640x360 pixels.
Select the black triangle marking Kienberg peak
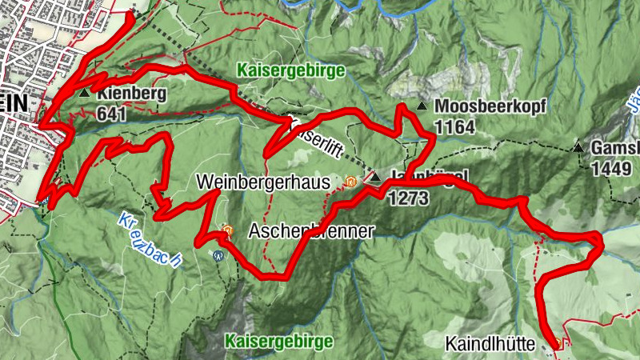click(85, 94)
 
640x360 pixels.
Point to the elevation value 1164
click(455, 126)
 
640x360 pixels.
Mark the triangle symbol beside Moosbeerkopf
click(421, 106)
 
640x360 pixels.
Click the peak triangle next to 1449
click(578, 147)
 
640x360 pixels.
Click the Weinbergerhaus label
click(263, 182)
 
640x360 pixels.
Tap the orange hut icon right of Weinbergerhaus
click(349, 182)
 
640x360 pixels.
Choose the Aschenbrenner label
click(311, 231)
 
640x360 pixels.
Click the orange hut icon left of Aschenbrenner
click(227, 231)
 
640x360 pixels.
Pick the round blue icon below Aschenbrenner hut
click(218, 256)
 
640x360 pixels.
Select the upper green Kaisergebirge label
click(290, 70)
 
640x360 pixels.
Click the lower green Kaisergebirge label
click(279, 342)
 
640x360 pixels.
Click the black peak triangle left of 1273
click(375, 178)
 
